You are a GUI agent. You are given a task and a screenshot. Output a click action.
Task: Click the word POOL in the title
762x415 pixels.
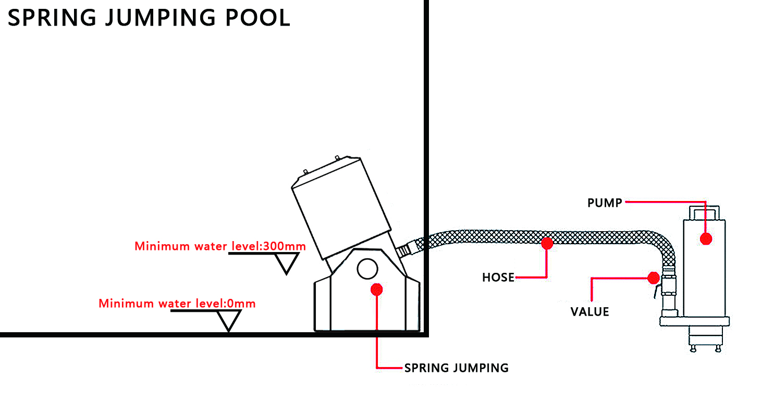257,18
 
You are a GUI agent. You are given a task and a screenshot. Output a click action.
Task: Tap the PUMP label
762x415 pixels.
605,203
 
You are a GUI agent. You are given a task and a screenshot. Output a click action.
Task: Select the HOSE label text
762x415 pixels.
498,278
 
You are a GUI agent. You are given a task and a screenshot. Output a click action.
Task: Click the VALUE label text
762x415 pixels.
589,312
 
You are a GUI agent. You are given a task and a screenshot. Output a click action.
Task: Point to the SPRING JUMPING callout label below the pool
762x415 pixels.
456,368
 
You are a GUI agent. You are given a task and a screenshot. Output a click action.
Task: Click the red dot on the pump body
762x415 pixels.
706,239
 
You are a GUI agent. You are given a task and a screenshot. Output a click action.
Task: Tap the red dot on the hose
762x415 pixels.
547,243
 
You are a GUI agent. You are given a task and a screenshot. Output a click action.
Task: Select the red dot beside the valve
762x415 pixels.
654,278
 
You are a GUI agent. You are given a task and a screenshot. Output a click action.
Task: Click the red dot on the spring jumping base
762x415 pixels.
377,290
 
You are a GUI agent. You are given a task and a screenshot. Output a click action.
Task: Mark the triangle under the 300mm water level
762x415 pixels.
287,263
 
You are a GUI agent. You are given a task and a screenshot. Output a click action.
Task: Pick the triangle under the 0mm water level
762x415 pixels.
229,320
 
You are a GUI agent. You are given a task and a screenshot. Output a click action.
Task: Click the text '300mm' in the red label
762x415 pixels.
285,246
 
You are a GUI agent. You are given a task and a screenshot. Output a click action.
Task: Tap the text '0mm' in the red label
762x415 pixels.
241,303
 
